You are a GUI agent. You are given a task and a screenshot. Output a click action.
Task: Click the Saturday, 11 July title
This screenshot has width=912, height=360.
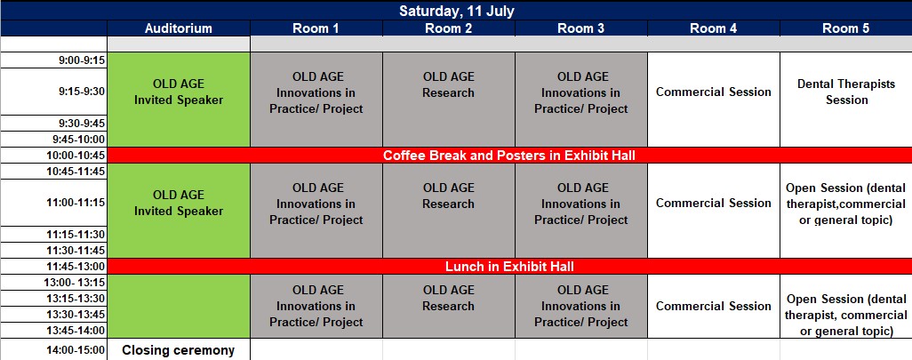pos(456,11)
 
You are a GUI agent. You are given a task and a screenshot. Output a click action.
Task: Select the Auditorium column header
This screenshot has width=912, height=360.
pos(179,28)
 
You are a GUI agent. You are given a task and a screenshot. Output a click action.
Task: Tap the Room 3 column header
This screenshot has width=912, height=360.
pos(581,28)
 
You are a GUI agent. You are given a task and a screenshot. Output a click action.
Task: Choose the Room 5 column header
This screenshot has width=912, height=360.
pos(845,28)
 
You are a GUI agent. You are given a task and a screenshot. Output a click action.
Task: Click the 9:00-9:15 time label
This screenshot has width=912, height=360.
pos(82,60)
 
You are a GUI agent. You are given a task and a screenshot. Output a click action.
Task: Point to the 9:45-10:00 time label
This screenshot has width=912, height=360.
pos(78,139)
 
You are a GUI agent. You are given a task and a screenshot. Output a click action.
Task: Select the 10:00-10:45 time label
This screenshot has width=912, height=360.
pos(76,156)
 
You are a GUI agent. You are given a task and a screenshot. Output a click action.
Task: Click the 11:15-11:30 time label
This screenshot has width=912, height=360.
pos(76,235)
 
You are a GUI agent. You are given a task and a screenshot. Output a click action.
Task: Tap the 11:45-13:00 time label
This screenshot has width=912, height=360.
pos(76,267)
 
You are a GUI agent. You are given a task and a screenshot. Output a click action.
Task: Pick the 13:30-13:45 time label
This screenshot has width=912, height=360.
pos(76,314)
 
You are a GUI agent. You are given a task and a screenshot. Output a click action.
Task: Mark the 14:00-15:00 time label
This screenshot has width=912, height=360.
pos(76,350)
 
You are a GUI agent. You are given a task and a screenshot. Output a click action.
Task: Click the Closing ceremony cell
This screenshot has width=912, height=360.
pos(179,350)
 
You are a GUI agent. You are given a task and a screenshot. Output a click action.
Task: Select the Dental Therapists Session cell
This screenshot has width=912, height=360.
pos(846,92)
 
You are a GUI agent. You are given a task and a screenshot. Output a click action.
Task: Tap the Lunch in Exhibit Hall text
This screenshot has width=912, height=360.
pos(509,267)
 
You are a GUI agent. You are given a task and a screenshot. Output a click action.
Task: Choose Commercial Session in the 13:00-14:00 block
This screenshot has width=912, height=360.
pos(714,306)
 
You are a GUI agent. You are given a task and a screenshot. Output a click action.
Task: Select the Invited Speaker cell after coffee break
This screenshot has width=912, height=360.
pos(179,203)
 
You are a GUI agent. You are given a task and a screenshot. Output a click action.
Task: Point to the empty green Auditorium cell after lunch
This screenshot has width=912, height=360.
pos(179,306)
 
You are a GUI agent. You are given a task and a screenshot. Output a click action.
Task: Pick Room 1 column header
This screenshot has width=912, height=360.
pos(316,28)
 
